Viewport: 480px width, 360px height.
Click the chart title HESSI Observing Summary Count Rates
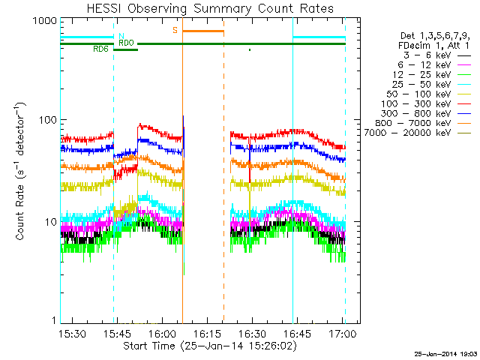click(x=202, y=8)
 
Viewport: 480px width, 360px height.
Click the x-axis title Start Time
click(x=202, y=346)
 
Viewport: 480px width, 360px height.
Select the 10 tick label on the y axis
click(x=49, y=223)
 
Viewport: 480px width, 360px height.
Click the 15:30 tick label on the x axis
click(x=72, y=334)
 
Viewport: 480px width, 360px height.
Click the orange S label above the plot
click(x=175, y=30)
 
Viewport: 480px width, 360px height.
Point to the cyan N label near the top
click(x=121, y=35)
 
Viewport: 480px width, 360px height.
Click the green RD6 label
click(x=100, y=49)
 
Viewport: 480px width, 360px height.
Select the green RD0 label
click(x=125, y=43)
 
